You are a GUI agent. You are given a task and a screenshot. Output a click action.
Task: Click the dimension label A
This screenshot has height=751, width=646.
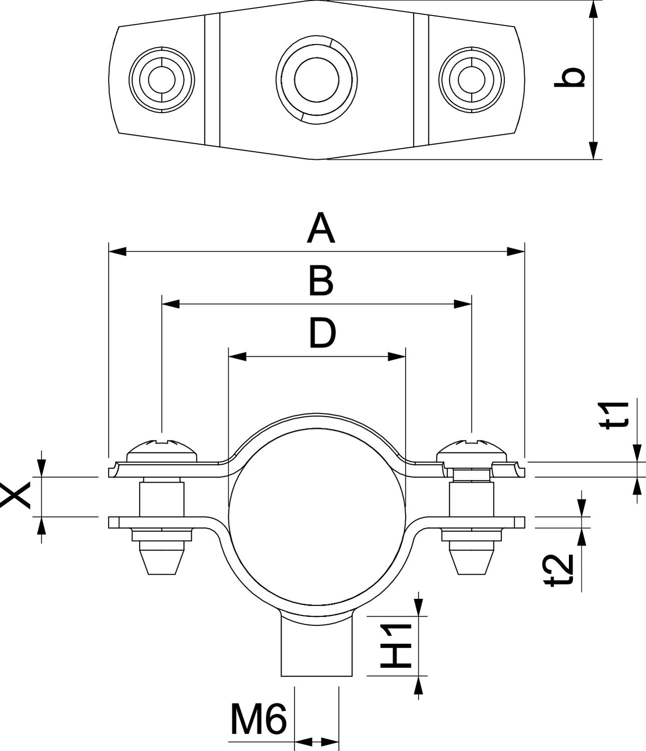click(x=321, y=228)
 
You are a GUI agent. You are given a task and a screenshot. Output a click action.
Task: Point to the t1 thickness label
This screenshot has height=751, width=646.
click(x=614, y=415)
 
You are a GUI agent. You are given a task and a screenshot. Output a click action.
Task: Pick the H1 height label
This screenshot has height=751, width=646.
click(x=396, y=646)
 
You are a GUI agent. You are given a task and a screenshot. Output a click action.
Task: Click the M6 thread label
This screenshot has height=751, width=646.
click(x=258, y=719)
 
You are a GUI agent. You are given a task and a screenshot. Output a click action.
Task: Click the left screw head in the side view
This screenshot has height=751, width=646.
click(x=162, y=450)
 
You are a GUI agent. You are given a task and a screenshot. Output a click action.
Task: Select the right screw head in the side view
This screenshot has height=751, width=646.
click(x=471, y=450)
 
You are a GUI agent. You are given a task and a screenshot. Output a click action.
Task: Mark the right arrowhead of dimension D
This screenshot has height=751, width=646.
click(x=397, y=356)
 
